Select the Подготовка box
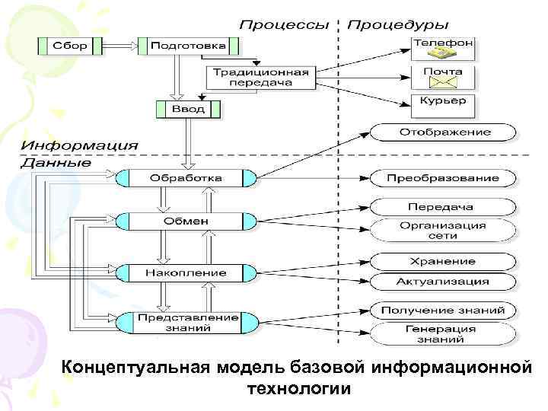[183, 46]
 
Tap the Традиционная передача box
[260, 77]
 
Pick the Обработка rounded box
[186, 178]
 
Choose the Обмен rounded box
[186, 221]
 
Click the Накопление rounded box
[186, 272]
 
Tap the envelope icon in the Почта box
[443, 83]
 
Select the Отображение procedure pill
[442, 132]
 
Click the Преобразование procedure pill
[442, 178]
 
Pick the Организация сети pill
[442, 230]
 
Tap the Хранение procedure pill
[442, 261]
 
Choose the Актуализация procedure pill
[442, 282]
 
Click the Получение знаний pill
[442, 311]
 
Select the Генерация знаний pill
[442, 333]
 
